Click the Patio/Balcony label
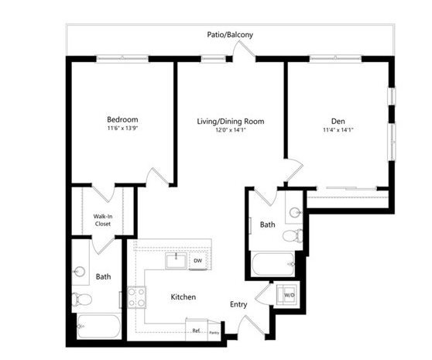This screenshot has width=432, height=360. point(230,35)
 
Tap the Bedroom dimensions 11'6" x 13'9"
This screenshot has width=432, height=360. point(122,128)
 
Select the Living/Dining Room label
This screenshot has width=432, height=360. point(231,122)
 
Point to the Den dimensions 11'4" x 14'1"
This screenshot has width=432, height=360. point(338,130)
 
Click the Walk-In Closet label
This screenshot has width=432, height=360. point(103,220)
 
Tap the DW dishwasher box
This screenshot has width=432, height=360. point(198,261)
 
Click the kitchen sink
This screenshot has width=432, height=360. point(176,261)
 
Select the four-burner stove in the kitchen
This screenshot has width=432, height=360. point(136,297)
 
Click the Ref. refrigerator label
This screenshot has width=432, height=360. point(196,331)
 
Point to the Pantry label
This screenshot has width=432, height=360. point(214,333)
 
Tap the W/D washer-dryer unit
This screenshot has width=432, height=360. point(288,295)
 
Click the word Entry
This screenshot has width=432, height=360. point(238,304)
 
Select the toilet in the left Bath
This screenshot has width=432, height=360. point(81,299)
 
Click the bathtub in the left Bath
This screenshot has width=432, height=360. point(99,327)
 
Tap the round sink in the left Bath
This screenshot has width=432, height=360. point(80,272)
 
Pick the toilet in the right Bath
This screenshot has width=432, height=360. point(293,236)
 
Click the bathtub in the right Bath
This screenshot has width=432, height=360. point(273,265)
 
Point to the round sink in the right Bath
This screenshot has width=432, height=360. point(295,212)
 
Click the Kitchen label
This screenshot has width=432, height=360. point(183,297)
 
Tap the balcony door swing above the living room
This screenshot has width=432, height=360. point(244,50)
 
